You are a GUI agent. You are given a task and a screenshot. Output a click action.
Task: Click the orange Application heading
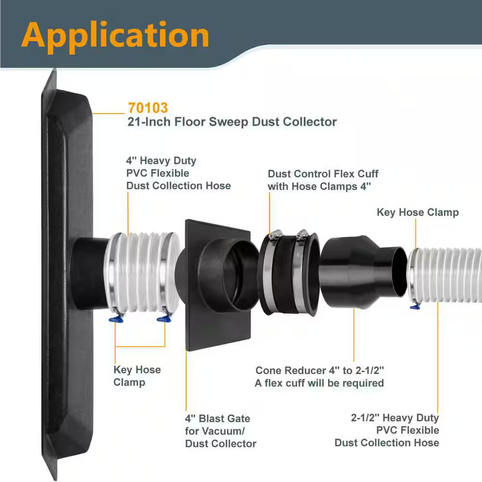(115, 36)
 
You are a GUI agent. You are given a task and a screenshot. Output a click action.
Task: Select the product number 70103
(148, 108)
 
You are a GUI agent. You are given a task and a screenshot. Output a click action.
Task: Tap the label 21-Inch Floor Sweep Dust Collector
(232, 122)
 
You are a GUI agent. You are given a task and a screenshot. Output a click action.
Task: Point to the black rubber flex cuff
(289, 274)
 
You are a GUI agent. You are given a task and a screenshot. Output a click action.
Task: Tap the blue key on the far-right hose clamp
(415, 306)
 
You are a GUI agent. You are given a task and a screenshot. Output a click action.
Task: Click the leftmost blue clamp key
(116, 320)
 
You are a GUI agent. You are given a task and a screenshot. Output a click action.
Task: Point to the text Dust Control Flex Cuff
(323, 174)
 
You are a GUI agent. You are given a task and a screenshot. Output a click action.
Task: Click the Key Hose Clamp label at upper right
(418, 213)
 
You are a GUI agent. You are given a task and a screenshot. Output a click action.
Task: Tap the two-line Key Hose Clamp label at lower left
(137, 375)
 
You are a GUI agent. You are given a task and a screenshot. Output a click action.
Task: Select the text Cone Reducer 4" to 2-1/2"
(320, 370)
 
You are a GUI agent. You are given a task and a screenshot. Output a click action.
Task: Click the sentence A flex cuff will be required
(320, 383)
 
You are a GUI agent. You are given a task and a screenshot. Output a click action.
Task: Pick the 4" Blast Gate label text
(218, 418)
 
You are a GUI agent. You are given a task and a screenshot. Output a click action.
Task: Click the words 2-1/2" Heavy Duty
(395, 418)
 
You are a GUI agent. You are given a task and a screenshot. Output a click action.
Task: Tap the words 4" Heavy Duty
(161, 161)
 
